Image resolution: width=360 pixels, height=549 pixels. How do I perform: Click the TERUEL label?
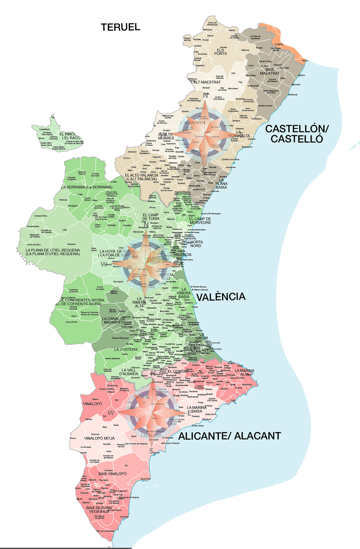click(x=120, y=27)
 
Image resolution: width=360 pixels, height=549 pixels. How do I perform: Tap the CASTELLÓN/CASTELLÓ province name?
click(x=297, y=134)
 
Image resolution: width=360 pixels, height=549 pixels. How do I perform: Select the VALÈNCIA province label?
click(x=221, y=297)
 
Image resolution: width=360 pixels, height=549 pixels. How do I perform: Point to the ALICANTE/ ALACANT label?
click(x=230, y=436)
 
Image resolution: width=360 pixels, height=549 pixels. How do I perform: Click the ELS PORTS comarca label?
click(x=220, y=52)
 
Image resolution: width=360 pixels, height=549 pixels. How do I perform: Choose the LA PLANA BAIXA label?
click(x=221, y=184)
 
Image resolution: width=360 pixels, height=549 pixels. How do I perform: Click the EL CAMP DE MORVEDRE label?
click(x=200, y=221)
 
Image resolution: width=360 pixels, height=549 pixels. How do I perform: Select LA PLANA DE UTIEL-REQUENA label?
click(x=53, y=252)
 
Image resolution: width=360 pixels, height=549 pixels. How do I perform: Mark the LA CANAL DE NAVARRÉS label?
click(x=114, y=320)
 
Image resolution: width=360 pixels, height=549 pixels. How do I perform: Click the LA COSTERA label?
click(x=126, y=349)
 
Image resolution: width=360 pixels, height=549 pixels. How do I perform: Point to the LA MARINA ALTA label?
click(x=245, y=372)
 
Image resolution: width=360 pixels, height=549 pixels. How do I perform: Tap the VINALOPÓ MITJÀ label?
click(x=99, y=438)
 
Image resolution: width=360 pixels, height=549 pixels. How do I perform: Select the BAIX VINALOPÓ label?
click(x=113, y=474)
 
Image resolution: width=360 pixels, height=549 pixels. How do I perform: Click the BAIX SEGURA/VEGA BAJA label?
click(x=99, y=510)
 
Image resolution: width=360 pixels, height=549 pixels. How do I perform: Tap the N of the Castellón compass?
click(x=205, y=96)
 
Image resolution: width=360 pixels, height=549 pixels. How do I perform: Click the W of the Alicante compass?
click(x=111, y=413)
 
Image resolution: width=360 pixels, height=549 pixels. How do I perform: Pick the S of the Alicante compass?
click(x=151, y=451)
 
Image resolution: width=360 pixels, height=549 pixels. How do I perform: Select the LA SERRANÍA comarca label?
click(x=87, y=187)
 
